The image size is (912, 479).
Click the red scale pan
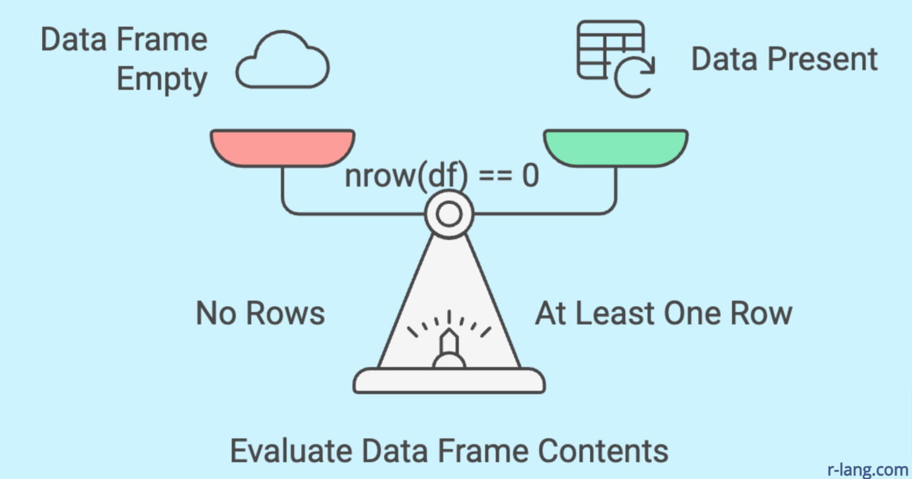tap(283, 147)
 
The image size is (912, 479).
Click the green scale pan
tap(616, 147)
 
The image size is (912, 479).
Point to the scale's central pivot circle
tap(449, 214)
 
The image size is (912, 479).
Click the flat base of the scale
tap(449, 380)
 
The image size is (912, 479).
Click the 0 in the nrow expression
tap(530, 176)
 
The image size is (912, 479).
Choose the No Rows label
tap(260, 313)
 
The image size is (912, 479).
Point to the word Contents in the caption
tap(603, 451)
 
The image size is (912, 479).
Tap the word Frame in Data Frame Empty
tap(162, 40)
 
